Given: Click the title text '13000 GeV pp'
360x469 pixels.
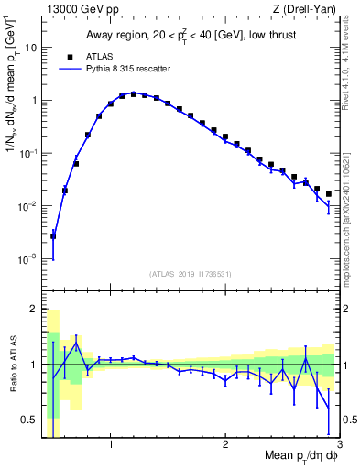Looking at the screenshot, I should pyautogui.click(x=75, y=10).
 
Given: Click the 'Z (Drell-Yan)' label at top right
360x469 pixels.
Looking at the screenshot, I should pyautogui.click(x=309, y=10).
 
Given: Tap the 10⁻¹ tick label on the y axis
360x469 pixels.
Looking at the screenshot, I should pyautogui.click(x=28, y=153).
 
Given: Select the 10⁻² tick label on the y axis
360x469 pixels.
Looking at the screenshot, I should pyautogui.click(x=28, y=206).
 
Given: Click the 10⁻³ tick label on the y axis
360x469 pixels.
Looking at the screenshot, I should pyautogui.click(x=28, y=259).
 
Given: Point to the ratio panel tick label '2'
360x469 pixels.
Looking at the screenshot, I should pyautogui.click(x=34, y=308).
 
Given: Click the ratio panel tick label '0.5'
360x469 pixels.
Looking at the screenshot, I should pyautogui.click(x=29, y=420).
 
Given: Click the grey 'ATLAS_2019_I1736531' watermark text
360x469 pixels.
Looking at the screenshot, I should pyautogui.click(x=191, y=273).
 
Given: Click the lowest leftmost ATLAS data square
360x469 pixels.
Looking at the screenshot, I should pyautogui.click(x=53, y=235).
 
